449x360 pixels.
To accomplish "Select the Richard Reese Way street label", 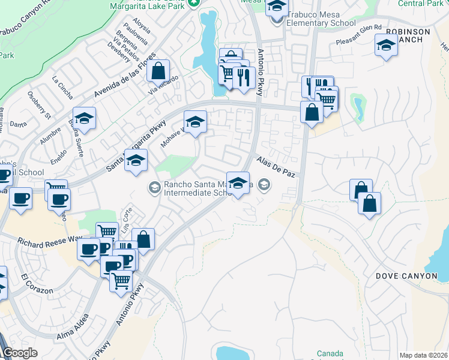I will click(x=49, y=243).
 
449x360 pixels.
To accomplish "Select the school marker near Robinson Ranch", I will click(x=386, y=45).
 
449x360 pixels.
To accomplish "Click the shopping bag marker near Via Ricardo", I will click(x=157, y=71).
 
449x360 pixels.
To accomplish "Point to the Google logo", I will click(x=20, y=353).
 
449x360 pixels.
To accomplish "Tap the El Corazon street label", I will click(x=37, y=285).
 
